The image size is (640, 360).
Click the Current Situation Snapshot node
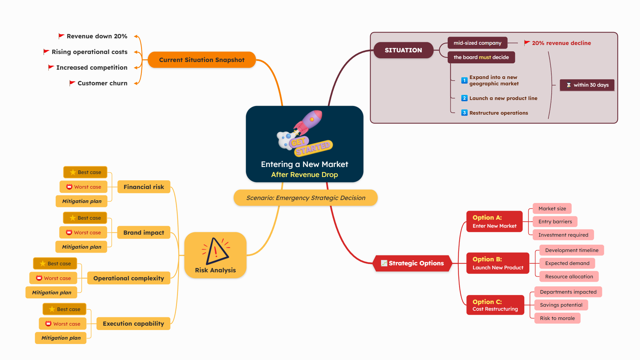pyautogui.click(x=202, y=60)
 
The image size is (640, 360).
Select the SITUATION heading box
pyautogui.click(x=403, y=50)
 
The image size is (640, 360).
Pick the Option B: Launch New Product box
pyautogui.click(x=498, y=263)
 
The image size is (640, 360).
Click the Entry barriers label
pyautogui.click(x=555, y=222)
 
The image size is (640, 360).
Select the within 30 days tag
pyautogui.click(x=587, y=85)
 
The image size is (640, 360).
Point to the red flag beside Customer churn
pyautogui.click(x=72, y=83)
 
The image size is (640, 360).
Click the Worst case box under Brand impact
pyautogui.click(x=83, y=233)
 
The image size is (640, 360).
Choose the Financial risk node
pyautogui.click(x=144, y=187)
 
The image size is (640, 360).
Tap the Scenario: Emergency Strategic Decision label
pyautogui.click(x=306, y=198)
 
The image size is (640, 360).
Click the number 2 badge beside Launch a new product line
pyautogui.click(x=464, y=98)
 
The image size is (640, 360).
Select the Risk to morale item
pyautogui.click(x=557, y=318)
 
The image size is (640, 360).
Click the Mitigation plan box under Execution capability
pyautogui.click(x=61, y=338)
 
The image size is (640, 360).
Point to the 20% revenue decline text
pyautogui.click(x=561, y=43)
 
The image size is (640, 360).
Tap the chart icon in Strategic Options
pyautogui.click(x=384, y=263)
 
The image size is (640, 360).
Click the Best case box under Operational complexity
pyautogui.click(x=55, y=264)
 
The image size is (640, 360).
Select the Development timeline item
pyautogui.click(x=571, y=250)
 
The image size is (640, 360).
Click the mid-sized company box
pyautogui.click(x=477, y=43)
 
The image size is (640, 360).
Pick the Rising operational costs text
pyautogui.click(x=89, y=52)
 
